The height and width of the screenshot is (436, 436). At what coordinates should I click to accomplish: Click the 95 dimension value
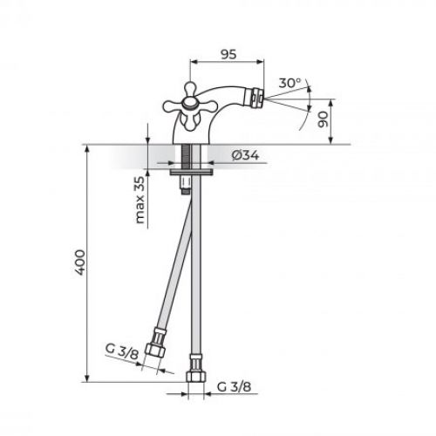click(228, 53)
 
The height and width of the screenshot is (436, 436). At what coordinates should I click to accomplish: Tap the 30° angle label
click(290, 83)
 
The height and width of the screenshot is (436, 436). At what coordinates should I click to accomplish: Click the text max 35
click(140, 200)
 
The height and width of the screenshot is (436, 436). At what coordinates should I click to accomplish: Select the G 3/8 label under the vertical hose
click(235, 385)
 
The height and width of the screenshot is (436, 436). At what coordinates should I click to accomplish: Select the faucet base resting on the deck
click(194, 138)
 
